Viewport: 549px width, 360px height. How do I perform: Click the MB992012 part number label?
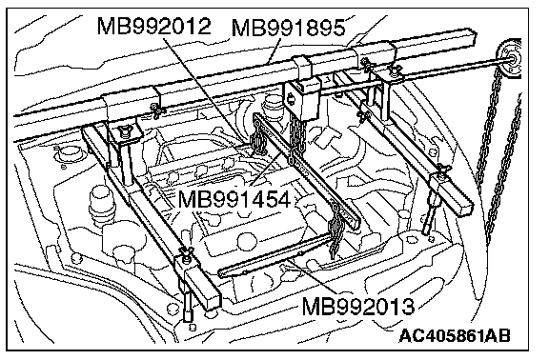click(x=153, y=26)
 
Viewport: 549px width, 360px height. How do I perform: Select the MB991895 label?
click(x=288, y=28)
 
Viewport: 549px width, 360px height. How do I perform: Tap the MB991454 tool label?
click(x=234, y=200)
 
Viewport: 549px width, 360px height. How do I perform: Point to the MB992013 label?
click(x=357, y=307)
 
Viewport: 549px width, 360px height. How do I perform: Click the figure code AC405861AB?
click(x=454, y=336)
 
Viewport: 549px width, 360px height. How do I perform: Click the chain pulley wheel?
click(x=509, y=59)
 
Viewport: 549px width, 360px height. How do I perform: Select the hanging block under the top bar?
click(x=302, y=99)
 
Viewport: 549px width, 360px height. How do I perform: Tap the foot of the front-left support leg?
click(x=188, y=315)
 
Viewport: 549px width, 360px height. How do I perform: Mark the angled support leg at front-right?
click(x=432, y=214)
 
